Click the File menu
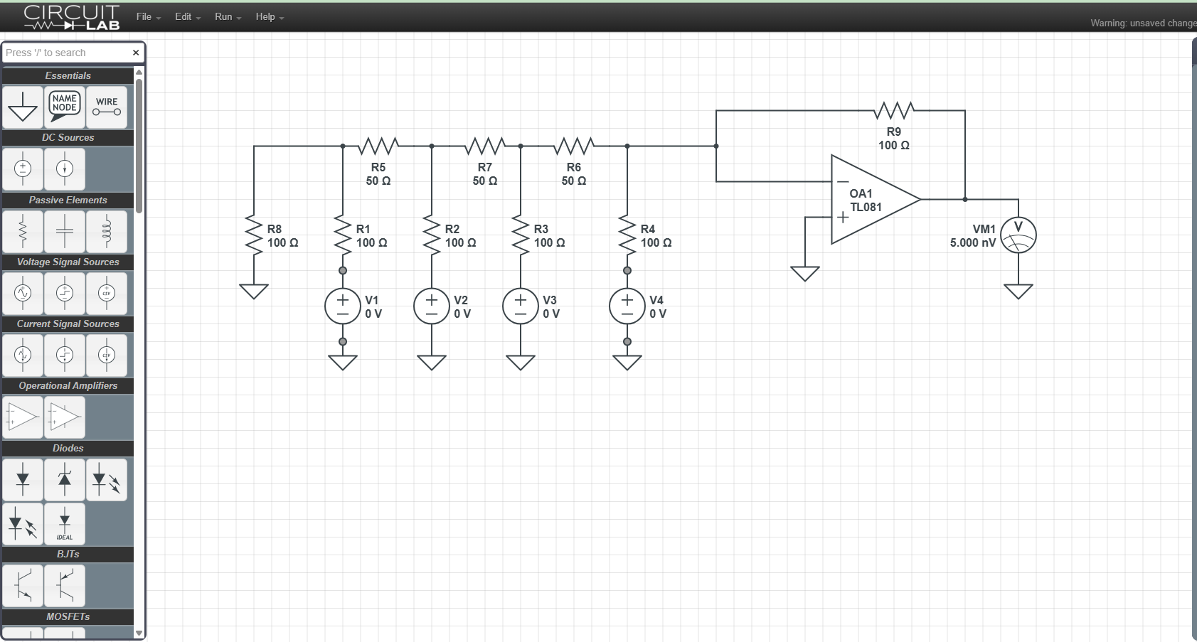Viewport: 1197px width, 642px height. pyautogui.click(x=148, y=17)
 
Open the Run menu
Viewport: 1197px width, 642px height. pyautogui.click(x=228, y=17)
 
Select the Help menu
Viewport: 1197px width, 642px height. pyautogui.click(x=270, y=17)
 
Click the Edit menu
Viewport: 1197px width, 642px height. pyautogui.click(x=188, y=17)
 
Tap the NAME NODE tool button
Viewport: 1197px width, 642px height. pyautogui.click(x=65, y=107)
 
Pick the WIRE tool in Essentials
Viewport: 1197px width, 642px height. pyautogui.click(x=107, y=107)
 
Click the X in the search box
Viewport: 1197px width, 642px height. pyautogui.click(x=136, y=53)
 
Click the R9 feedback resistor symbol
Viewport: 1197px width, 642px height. pyautogui.click(x=894, y=111)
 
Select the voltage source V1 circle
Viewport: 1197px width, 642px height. pyautogui.click(x=343, y=306)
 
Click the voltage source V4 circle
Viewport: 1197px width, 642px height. pyautogui.click(x=627, y=306)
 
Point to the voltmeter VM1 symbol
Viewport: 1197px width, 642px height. pyautogui.click(x=1018, y=235)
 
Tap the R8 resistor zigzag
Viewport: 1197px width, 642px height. pyautogui.click(x=254, y=235)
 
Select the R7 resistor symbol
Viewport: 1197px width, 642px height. pyautogui.click(x=484, y=146)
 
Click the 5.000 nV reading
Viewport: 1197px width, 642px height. pyautogui.click(x=972, y=243)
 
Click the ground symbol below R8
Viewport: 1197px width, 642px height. pyautogui.click(x=254, y=291)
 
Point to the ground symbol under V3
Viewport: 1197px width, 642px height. pyautogui.click(x=521, y=362)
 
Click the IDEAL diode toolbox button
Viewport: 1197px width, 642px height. pyautogui.click(x=65, y=524)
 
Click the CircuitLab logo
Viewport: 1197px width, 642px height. pyautogui.click(x=72, y=17)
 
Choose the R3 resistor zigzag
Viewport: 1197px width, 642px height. pyautogui.click(x=521, y=235)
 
